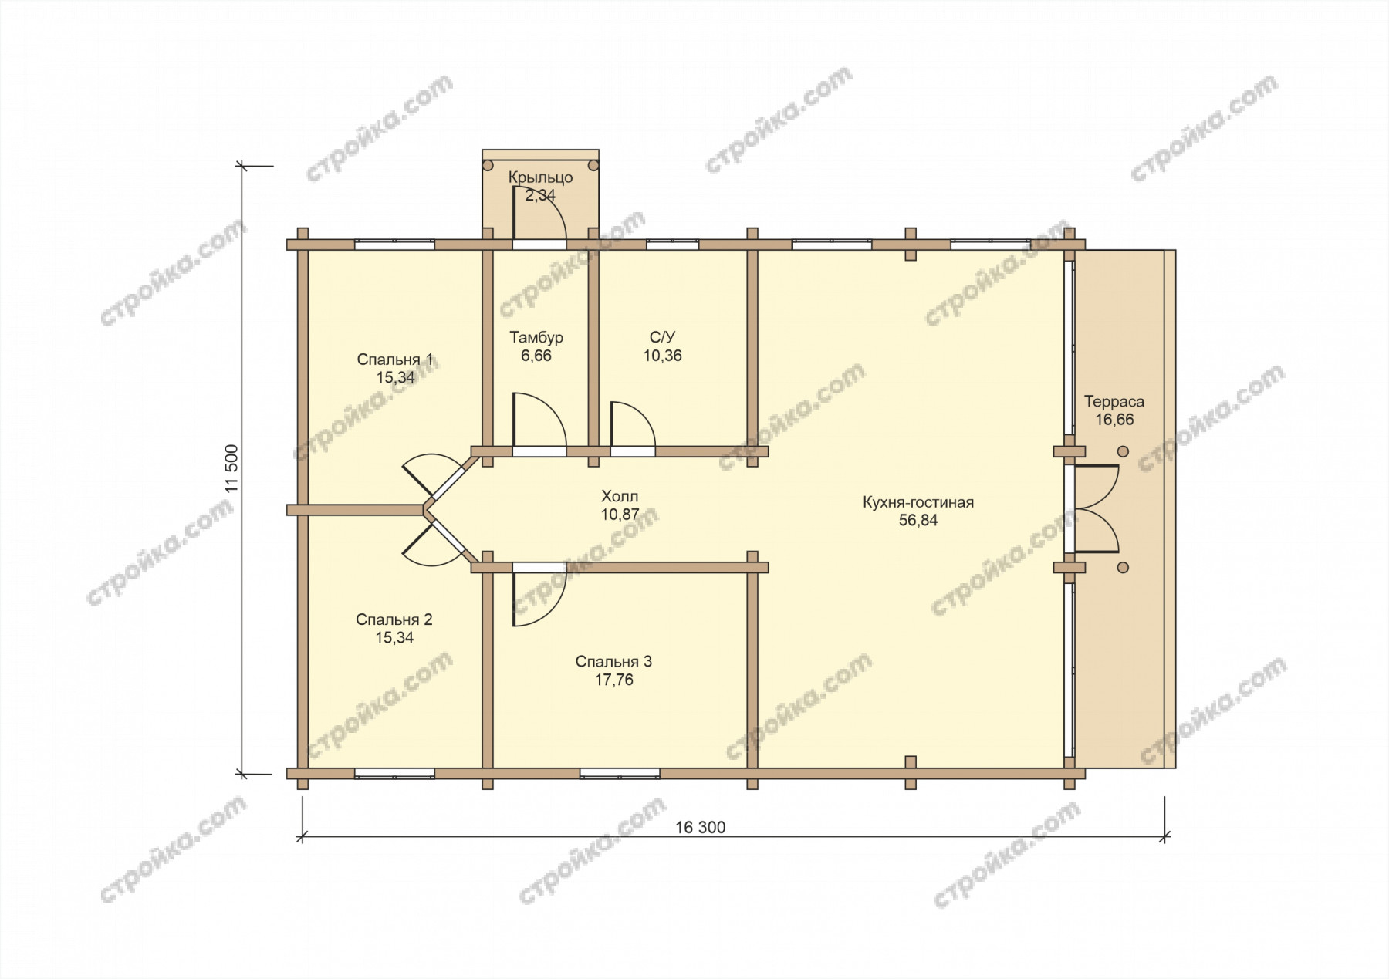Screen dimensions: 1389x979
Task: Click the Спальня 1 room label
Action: click(x=394, y=360)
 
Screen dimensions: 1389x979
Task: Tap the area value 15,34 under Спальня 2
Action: click(x=394, y=638)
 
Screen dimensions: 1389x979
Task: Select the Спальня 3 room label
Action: click(x=613, y=662)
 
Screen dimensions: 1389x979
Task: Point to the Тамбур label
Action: click(x=536, y=338)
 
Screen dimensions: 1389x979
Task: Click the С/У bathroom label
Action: click(x=662, y=337)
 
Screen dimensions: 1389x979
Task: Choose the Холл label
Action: click(x=620, y=496)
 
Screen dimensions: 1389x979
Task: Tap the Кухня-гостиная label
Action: click(x=918, y=502)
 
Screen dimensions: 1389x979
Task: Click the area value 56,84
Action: click(x=918, y=521)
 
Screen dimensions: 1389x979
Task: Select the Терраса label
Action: click(x=1114, y=401)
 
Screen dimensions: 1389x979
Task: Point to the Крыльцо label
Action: click(x=540, y=177)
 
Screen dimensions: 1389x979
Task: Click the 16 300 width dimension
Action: click(x=701, y=828)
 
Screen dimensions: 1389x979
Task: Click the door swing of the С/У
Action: click(x=633, y=424)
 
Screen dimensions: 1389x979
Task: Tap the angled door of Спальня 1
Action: click(x=437, y=473)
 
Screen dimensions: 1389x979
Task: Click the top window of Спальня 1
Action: click(x=394, y=245)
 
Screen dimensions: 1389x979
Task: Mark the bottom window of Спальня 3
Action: click(x=620, y=773)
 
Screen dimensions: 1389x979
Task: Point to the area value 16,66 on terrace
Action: click(x=1114, y=420)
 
